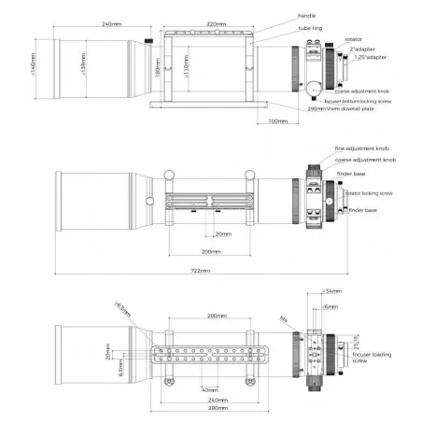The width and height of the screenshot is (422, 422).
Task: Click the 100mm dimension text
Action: tap(278, 120)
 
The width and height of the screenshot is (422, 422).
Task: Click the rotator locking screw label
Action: tap(370, 193)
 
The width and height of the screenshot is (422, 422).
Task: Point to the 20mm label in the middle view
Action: tap(222, 234)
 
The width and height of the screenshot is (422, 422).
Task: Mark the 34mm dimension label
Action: tap(331, 292)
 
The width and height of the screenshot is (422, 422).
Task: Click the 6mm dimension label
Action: tap(331, 306)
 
